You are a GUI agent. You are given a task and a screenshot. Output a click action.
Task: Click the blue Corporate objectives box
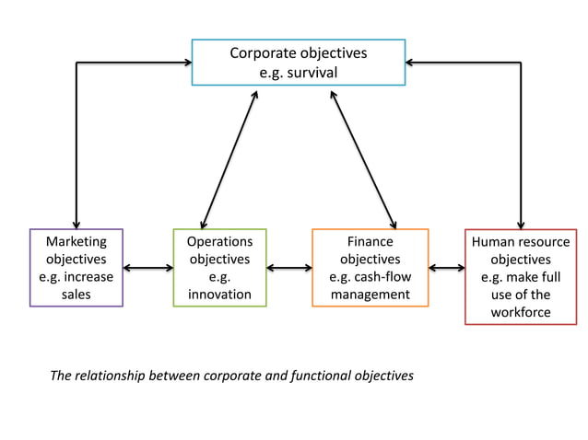pos(298,62)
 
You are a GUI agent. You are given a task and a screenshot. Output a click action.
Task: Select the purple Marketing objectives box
pos(76,267)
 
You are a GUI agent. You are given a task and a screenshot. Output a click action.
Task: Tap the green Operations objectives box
pos(219,267)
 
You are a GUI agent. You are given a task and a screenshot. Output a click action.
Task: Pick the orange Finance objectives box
pos(370,267)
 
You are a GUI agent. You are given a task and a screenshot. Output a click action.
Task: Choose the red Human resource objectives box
pos(521,276)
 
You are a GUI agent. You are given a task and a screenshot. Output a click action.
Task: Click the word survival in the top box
pos(312,72)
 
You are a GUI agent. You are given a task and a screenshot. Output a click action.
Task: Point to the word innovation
pos(219,295)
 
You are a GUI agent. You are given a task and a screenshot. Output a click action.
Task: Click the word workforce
pos(521,312)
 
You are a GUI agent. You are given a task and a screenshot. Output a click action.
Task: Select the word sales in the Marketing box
pos(76,295)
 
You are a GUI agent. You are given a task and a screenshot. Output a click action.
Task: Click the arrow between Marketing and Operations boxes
pos(147,268)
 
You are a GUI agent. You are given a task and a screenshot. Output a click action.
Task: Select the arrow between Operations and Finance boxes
pos(288,268)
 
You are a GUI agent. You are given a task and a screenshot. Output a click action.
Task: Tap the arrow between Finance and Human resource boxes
pos(446,268)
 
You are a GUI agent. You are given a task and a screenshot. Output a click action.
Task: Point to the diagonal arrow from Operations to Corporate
pos(229,156)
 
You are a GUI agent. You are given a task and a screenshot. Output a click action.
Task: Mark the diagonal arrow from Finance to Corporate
pos(363,156)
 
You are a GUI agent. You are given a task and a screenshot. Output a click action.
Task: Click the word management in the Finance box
pos(370,295)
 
